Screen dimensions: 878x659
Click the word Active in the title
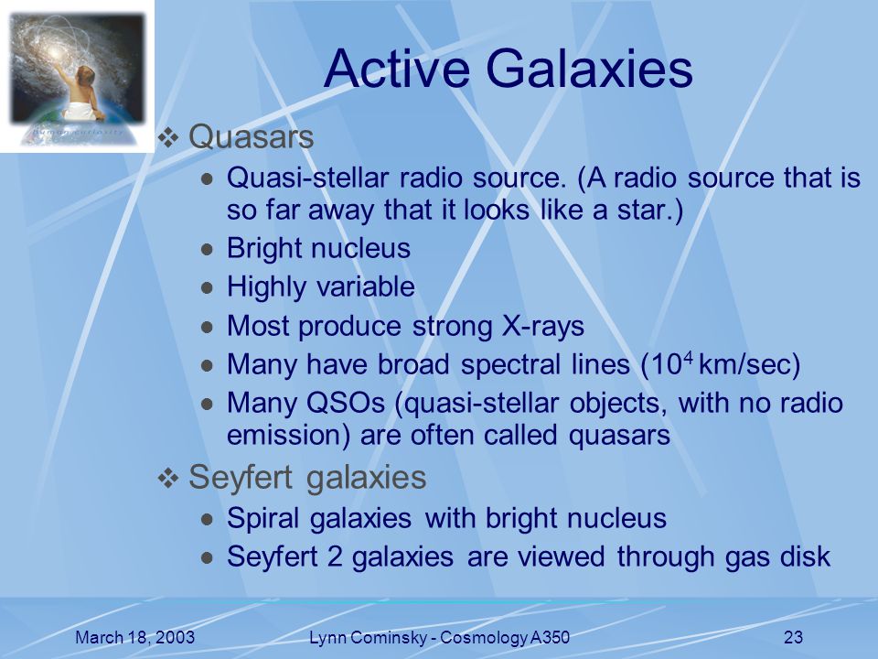pyautogui.click(x=396, y=69)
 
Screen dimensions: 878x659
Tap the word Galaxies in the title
pyautogui.click(x=590, y=69)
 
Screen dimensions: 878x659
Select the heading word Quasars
pyautogui.click(x=251, y=136)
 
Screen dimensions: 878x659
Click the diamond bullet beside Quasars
pyautogui.click(x=168, y=137)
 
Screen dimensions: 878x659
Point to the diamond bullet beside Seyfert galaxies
pyautogui.click(x=168, y=478)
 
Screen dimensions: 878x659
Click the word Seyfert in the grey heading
pyautogui.click(x=241, y=478)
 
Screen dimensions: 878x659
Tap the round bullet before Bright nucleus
pyautogui.click(x=208, y=249)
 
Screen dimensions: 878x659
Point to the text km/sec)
pyautogui.click(x=750, y=365)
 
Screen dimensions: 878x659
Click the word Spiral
pyautogui.click(x=262, y=518)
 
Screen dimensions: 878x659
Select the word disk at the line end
pyautogui.click(x=804, y=556)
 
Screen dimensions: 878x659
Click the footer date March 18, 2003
pyautogui.click(x=135, y=637)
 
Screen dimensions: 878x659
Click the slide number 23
pyautogui.click(x=794, y=637)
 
